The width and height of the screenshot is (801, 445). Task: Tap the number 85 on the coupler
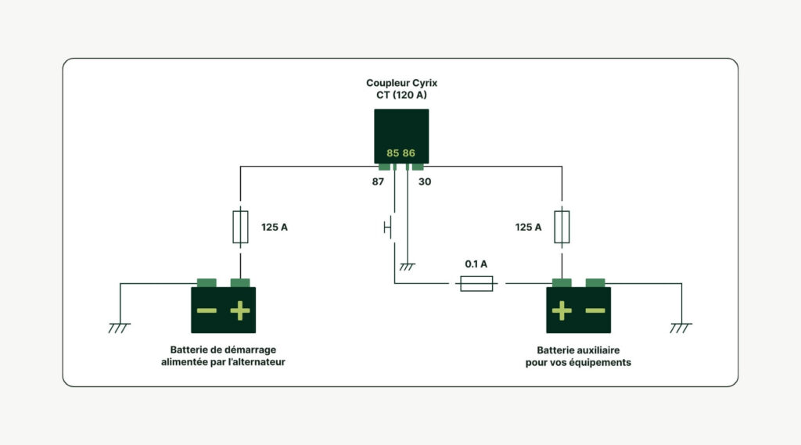point(393,153)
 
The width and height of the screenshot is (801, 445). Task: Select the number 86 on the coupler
point(409,153)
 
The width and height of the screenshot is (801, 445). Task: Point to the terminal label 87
point(378,181)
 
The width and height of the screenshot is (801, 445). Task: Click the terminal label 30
point(425,181)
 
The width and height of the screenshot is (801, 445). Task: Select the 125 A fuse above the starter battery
point(241,227)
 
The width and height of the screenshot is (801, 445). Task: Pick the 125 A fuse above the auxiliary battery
point(562,227)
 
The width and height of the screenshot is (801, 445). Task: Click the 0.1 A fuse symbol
point(476,283)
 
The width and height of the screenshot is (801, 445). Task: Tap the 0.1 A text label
point(476,264)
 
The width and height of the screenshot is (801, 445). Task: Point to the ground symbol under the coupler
point(407,267)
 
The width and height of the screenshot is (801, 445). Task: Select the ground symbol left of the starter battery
point(120,327)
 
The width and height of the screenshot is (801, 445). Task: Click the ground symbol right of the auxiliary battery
point(681,327)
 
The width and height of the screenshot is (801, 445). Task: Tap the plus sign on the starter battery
point(240,310)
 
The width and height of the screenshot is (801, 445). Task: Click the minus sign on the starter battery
point(207,310)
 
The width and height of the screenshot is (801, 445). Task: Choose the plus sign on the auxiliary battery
point(562,310)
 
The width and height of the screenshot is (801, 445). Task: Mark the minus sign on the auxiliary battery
point(595,310)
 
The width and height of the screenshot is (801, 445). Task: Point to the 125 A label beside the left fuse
point(275,228)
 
